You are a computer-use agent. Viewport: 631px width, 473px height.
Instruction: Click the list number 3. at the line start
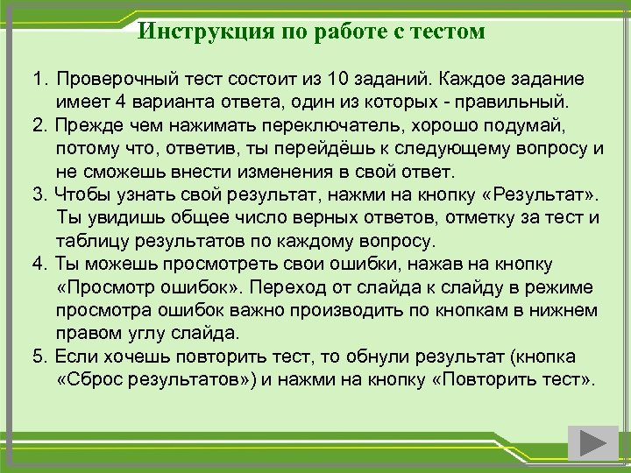tap(40, 194)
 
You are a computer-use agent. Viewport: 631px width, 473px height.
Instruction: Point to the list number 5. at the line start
tap(40, 357)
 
